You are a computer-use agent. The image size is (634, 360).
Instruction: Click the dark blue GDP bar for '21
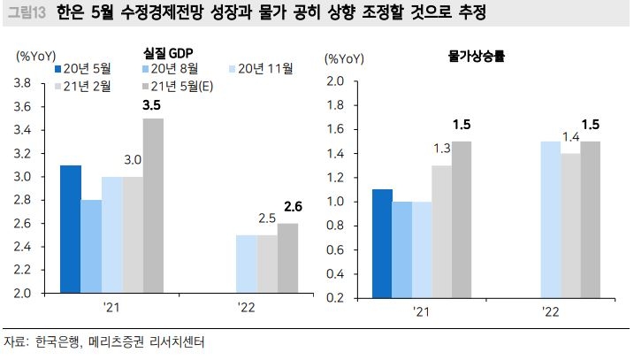[x=70, y=229]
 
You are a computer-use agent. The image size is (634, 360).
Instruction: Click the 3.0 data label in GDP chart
[x=133, y=160]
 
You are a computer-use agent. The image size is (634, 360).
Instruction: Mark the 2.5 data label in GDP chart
[x=267, y=218]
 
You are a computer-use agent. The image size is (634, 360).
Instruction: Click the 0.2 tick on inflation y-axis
[x=335, y=297]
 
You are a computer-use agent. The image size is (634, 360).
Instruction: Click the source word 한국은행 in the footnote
[x=50, y=341]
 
